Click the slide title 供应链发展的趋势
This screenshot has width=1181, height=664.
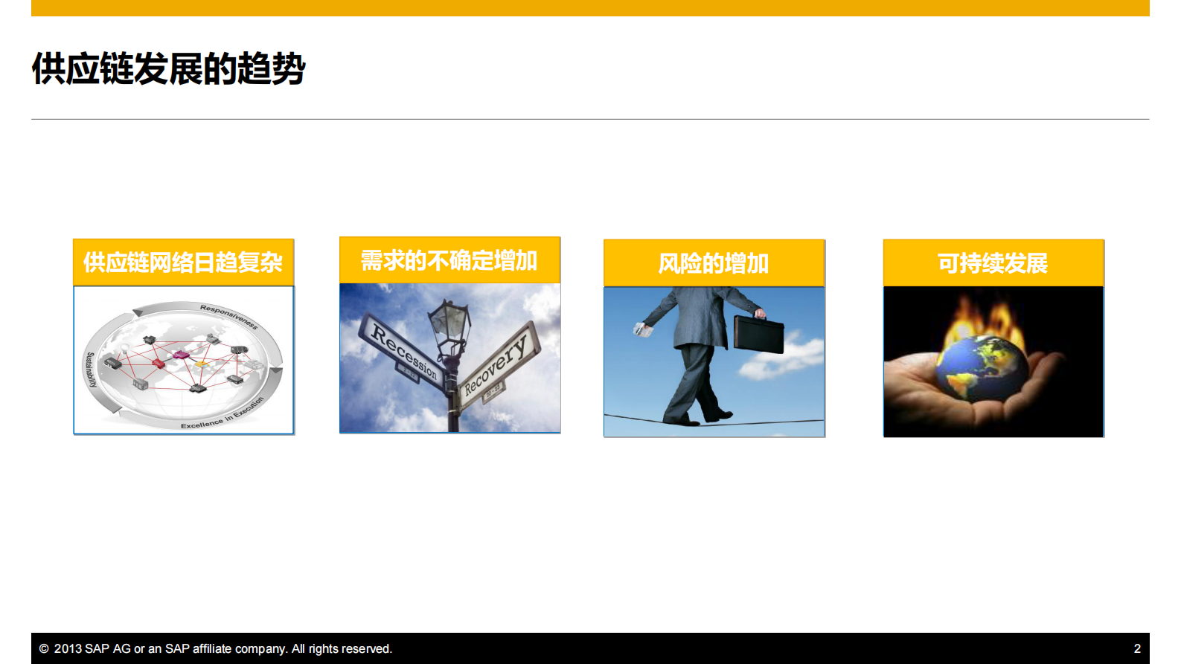(168, 69)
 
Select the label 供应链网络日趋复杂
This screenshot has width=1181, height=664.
(183, 262)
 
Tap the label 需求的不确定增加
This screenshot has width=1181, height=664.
(449, 261)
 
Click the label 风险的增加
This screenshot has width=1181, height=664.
(713, 263)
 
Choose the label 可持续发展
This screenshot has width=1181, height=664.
(992, 263)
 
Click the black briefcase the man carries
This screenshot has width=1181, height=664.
(758, 334)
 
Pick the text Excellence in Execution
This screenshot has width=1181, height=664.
(223, 414)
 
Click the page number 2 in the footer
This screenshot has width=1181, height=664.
(1136, 648)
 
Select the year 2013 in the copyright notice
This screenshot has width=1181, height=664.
(68, 648)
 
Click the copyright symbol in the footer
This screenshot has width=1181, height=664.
(44, 648)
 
